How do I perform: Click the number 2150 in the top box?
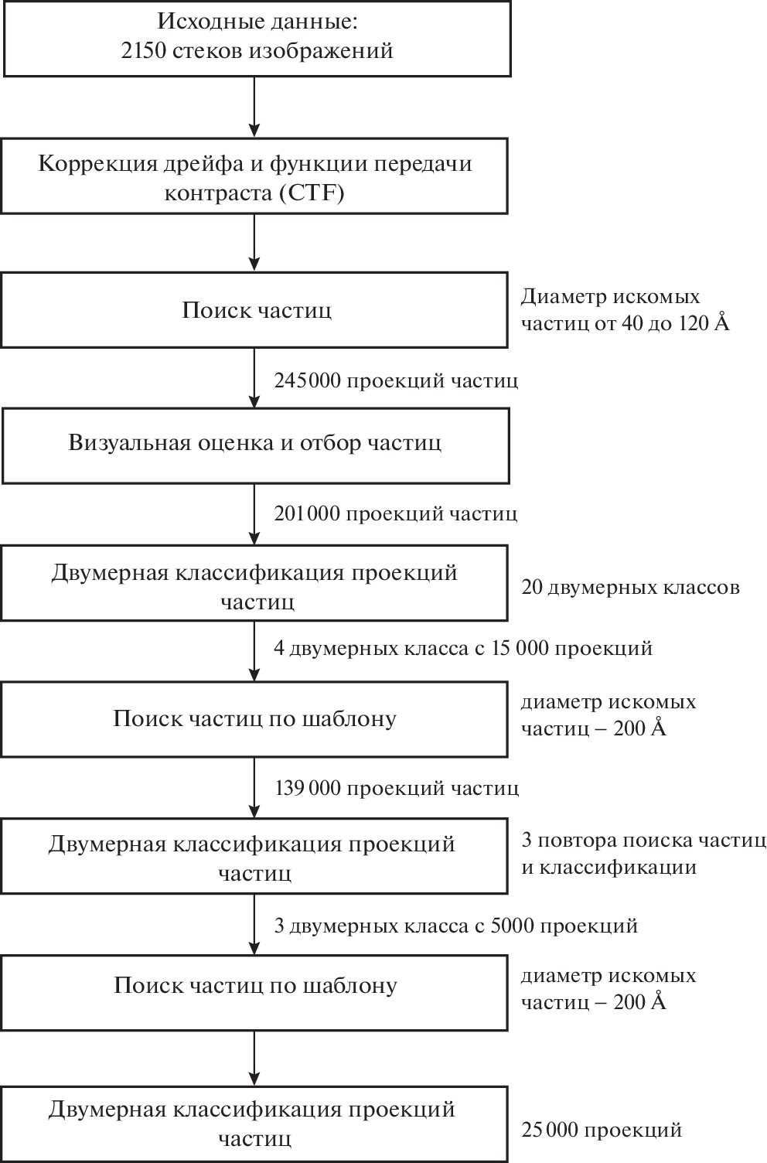coord(146,51)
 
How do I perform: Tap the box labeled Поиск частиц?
coord(255,310)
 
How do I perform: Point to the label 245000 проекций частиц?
coord(395,380)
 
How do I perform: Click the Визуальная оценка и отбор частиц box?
coord(255,444)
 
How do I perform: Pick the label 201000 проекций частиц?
coord(395,513)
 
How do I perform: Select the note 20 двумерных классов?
coord(630,588)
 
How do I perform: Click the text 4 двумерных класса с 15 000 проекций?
coord(462,647)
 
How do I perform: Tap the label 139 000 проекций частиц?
coord(397,788)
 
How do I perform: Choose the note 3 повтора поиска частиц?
coord(643,841)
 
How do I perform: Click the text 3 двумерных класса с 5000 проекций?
coord(455,926)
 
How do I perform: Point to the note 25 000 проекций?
coord(602,1131)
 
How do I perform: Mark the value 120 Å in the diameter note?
coord(704,323)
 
